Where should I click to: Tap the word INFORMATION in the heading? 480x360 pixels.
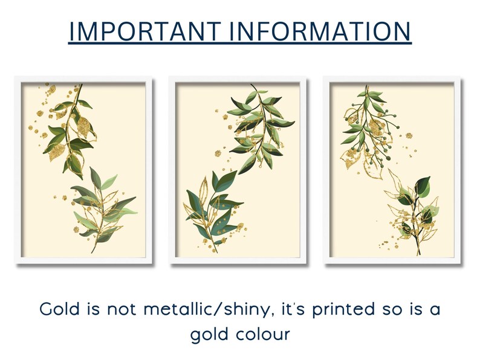(x=314, y=31)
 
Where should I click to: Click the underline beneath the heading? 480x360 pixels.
(x=240, y=43)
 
